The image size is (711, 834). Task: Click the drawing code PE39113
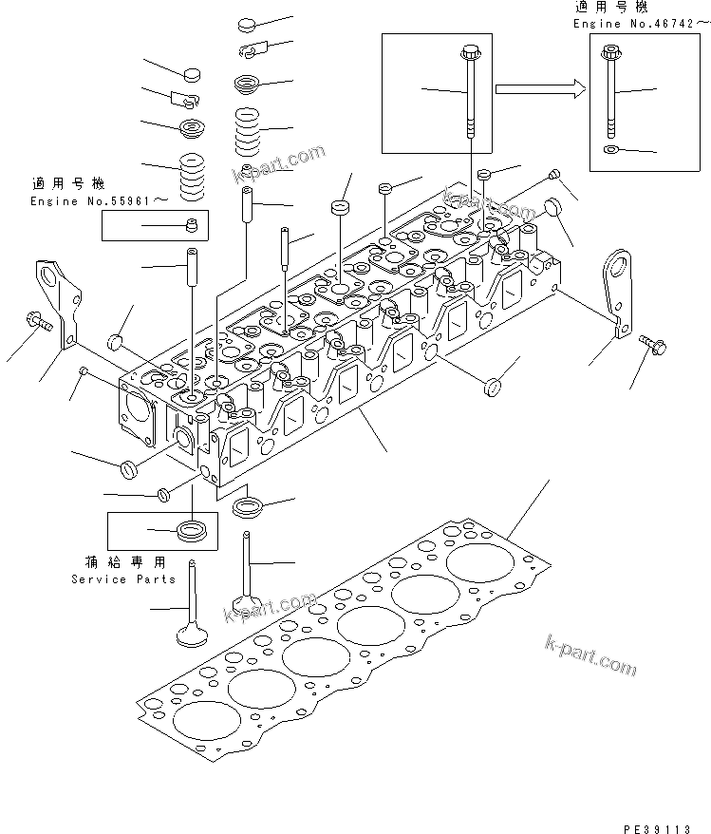pyautogui.click(x=657, y=828)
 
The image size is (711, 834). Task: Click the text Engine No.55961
pyautogui.click(x=91, y=201)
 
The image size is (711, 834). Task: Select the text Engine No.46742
pyautogui.click(x=634, y=24)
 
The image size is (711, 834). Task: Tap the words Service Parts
pyautogui.click(x=123, y=579)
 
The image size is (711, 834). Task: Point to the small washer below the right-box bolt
pyautogui.click(x=610, y=149)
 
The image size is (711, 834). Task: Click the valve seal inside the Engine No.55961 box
pyautogui.click(x=192, y=225)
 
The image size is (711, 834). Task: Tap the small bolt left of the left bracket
pyautogui.click(x=38, y=321)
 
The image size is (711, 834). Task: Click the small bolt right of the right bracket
pyautogui.click(x=653, y=344)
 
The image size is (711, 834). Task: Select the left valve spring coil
pyautogui.click(x=192, y=178)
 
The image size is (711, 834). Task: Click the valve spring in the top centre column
pyautogui.click(x=247, y=132)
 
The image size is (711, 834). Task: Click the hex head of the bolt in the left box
pyautogui.click(x=470, y=53)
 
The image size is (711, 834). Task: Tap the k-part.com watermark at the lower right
pyautogui.click(x=590, y=654)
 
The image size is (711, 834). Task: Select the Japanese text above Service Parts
pyautogui.click(x=125, y=562)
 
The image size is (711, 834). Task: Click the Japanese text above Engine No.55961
pyautogui.click(x=68, y=184)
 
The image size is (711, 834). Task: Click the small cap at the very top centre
pyautogui.click(x=247, y=24)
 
